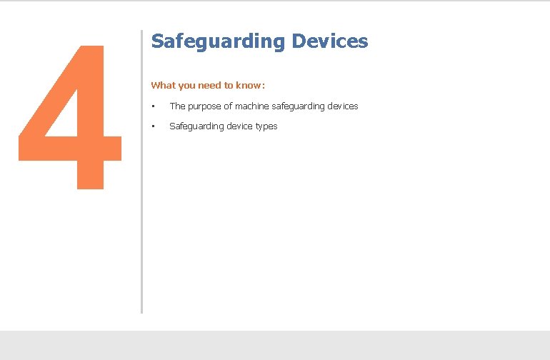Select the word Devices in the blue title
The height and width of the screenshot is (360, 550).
(329, 41)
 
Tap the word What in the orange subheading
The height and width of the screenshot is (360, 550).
(163, 85)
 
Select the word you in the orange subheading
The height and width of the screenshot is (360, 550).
(186, 85)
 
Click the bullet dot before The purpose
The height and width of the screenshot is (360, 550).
(153, 106)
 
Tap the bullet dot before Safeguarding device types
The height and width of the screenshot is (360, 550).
(153, 126)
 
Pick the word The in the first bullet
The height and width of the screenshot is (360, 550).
(176, 106)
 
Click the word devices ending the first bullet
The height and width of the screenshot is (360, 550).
(344, 106)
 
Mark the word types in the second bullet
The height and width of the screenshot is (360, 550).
(266, 126)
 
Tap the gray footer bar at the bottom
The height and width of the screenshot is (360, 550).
(275, 345)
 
